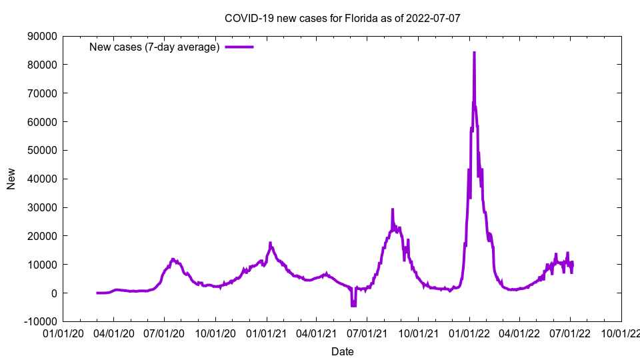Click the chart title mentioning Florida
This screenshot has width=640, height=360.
pyautogui.click(x=342, y=18)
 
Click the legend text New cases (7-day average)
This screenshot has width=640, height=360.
pyautogui.click(x=154, y=47)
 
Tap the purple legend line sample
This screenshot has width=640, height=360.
pyautogui.click(x=239, y=47)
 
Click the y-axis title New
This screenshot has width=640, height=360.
pyautogui.click(x=11, y=179)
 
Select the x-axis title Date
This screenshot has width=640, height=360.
pyautogui.click(x=342, y=351)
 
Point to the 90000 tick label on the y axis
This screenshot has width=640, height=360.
pyautogui.click(x=40, y=36)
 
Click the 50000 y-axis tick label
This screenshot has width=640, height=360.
pyautogui.click(x=40, y=150)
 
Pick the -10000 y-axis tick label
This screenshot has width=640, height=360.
pyautogui.click(x=38, y=321)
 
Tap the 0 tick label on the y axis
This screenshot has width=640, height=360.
pyautogui.click(x=52, y=293)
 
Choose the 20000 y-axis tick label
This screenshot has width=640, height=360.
pyautogui.click(x=40, y=236)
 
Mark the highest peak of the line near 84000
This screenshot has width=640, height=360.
pyautogui.click(x=474, y=53)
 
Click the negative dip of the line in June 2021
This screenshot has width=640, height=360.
pyautogui.click(x=353, y=305)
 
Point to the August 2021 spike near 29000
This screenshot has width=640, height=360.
pyautogui.click(x=392, y=210)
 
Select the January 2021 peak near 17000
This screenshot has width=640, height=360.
pyautogui.click(x=270, y=243)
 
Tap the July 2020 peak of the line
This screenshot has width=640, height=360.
pyautogui.click(x=173, y=259)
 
